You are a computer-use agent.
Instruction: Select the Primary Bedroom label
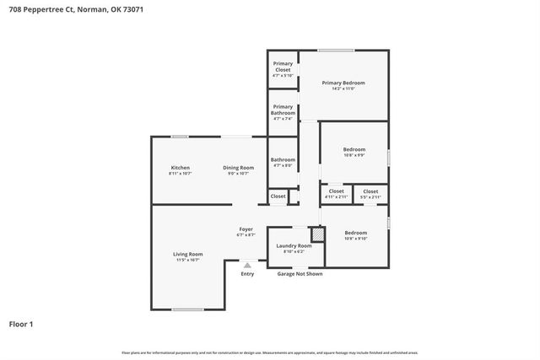[x=343, y=83]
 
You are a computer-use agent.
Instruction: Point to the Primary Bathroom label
[x=283, y=110]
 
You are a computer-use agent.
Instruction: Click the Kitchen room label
[x=181, y=168]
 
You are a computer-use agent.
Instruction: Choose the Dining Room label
[x=238, y=168]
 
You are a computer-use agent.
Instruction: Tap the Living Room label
[x=188, y=254]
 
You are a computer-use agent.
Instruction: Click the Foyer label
[x=246, y=229]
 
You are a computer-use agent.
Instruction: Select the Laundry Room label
[x=294, y=245]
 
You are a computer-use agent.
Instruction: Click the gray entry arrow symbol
[x=247, y=265]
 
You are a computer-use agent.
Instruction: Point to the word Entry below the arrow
[x=247, y=274]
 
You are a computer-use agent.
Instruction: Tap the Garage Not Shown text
[x=300, y=274]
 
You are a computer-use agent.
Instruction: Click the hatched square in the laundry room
[x=317, y=234]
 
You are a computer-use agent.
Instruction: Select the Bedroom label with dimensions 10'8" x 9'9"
[x=355, y=150]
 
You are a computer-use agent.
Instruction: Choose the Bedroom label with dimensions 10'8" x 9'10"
[x=355, y=233]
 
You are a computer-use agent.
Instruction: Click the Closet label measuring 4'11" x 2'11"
[x=336, y=191]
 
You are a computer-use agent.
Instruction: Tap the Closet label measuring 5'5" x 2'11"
[x=370, y=191]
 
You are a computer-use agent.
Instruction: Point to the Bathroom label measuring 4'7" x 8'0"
[x=283, y=160]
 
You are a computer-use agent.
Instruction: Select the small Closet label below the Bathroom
[x=278, y=196]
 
